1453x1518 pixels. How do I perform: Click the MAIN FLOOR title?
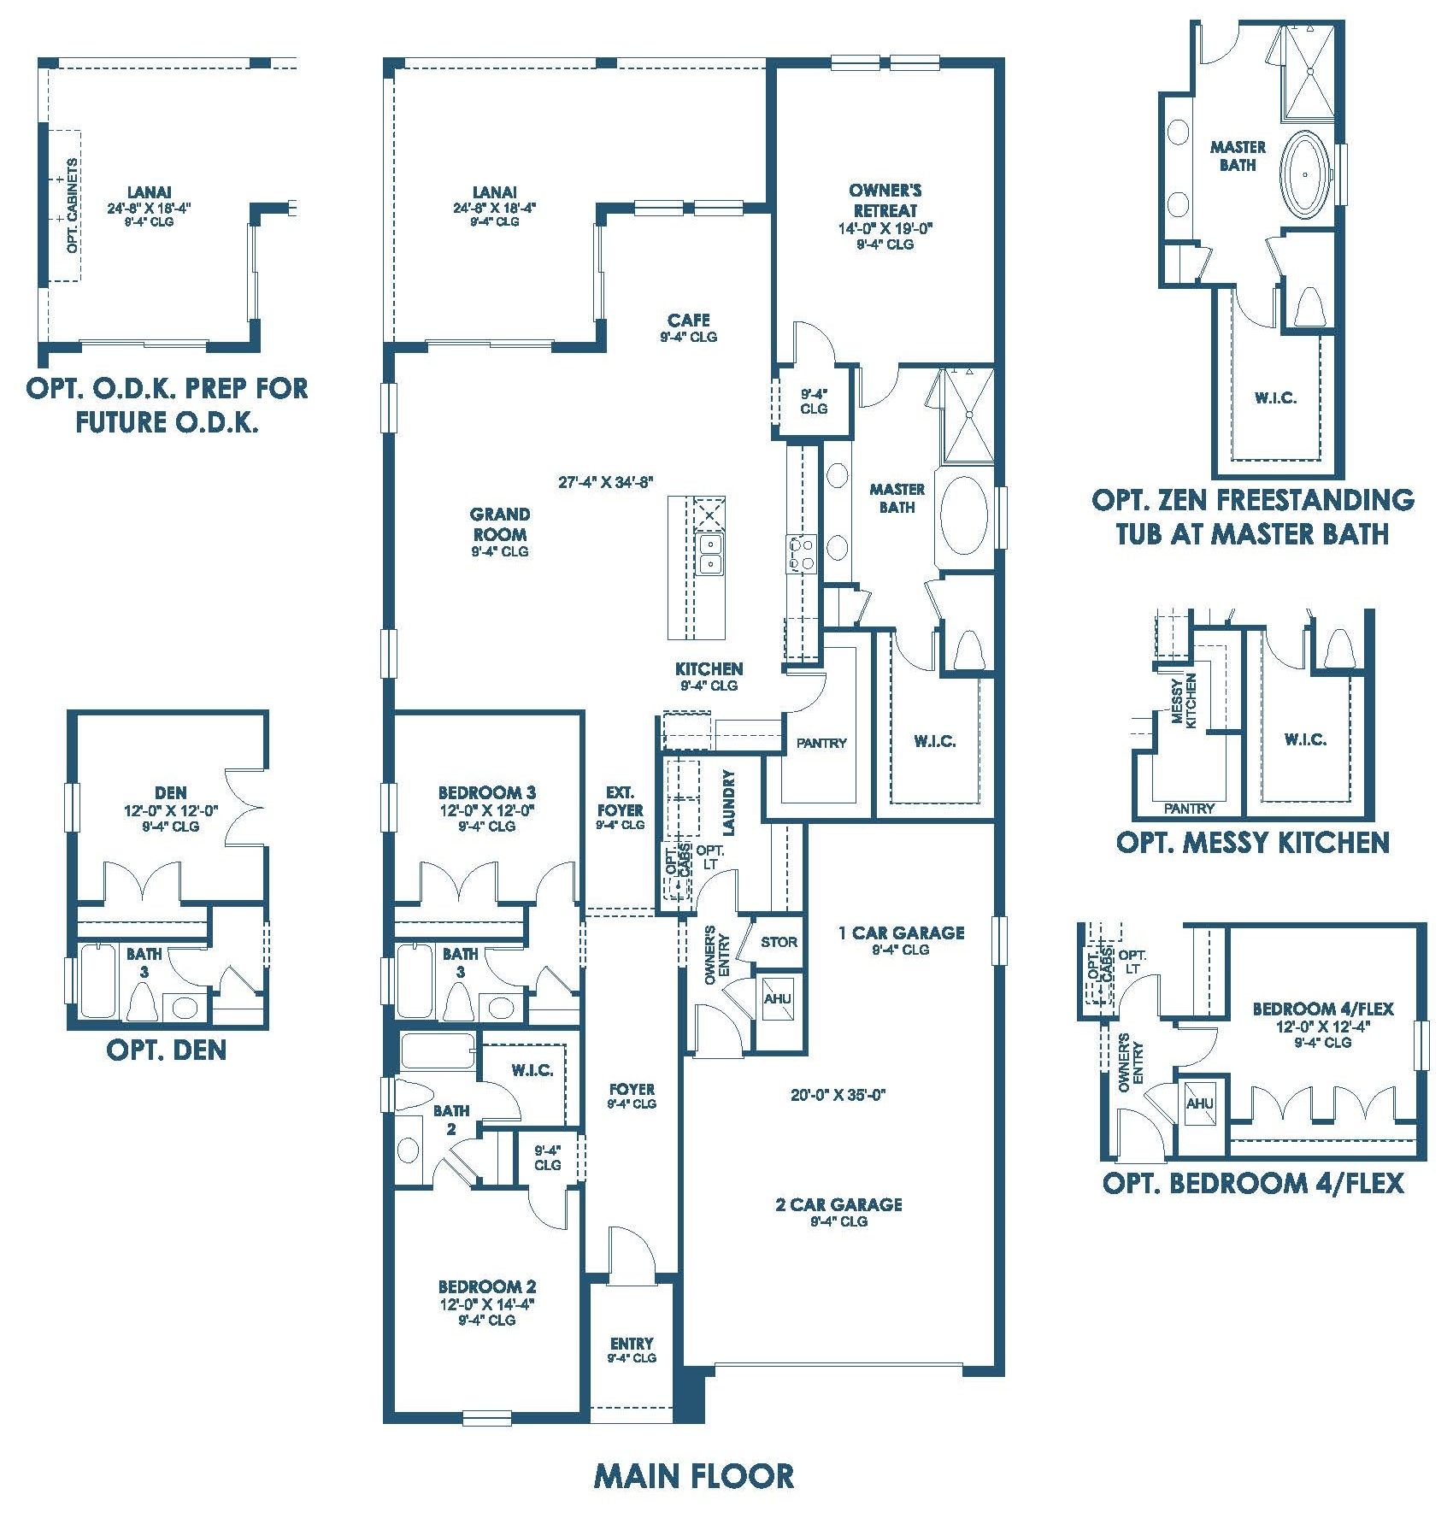pos(693,1476)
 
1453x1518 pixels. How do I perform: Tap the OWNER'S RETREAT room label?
pos(885,200)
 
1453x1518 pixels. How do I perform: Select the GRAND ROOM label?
pos(500,524)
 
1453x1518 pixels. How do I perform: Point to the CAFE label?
pos(689,321)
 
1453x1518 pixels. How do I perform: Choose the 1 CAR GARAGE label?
pos(901,933)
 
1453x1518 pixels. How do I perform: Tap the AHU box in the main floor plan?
pos(777,999)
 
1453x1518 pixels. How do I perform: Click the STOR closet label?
pos(779,942)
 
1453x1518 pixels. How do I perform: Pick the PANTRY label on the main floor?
pos(821,743)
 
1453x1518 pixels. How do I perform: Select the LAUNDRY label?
pos(728,803)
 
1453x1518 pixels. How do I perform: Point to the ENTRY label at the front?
pos(632,1343)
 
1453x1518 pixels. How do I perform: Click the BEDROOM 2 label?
pos(487,1286)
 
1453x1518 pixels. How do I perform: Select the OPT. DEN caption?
pos(167,1050)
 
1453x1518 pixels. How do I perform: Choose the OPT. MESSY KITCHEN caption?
pos(1252,843)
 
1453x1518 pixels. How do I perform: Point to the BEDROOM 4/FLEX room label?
pos(1322,1009)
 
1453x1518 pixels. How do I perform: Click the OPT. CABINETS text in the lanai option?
pos(73,206)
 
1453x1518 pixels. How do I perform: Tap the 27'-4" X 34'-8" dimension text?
pos(606,482)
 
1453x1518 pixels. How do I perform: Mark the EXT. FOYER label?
pos(621,802)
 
